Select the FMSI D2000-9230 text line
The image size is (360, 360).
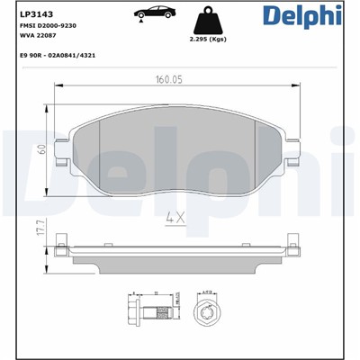[48, 29]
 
